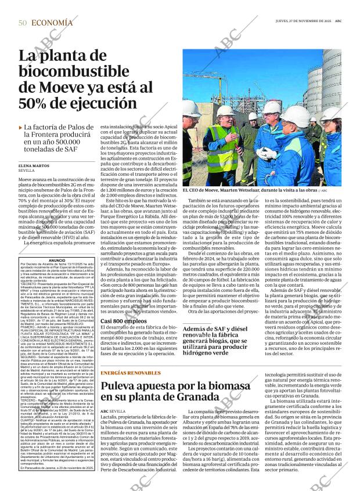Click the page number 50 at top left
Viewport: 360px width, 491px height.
click(22, 23)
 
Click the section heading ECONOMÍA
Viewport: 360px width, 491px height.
click(52, 23)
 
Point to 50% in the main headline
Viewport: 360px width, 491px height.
click(38, 103)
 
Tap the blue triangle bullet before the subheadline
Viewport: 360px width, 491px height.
click(20, 127)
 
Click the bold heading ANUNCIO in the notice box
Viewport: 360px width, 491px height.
click(57, 261)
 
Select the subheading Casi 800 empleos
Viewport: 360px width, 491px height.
click(123, 337)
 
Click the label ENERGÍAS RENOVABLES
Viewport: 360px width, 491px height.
click(129, 373)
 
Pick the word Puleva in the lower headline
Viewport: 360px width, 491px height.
click(124, 385)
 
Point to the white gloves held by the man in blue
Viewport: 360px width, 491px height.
click(266, 153)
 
